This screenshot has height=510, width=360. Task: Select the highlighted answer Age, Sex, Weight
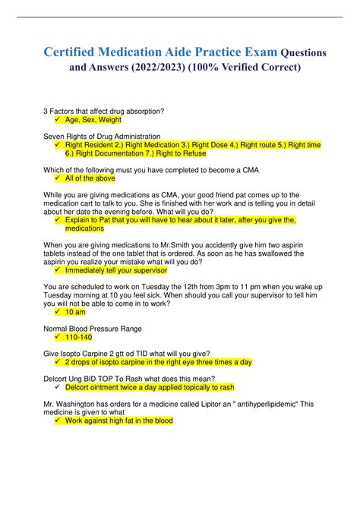pyautogui.click(x=93, y=120)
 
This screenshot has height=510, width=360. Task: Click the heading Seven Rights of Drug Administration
pyautogui.click(x=101, y=136)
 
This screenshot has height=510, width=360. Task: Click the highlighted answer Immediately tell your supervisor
pyautogui.click(x=120, y=269)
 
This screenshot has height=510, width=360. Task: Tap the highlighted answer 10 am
pyautogui.click(x=75, y=311)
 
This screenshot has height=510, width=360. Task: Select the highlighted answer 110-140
pyautogui.click(x=78, y=336)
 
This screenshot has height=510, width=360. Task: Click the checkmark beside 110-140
pyautogui.click(x=58, y=336)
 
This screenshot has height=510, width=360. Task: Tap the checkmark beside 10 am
pyautogui.click(x=58, y=311)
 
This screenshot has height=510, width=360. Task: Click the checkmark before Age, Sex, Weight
pyautogui.click(x=58, y=120)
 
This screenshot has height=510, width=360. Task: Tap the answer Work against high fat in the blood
pyautogui.click(x=119, y=420)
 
